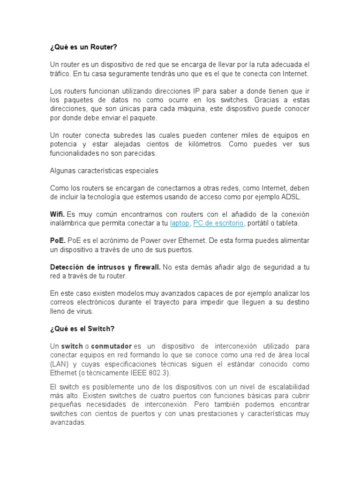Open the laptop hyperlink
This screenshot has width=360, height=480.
(180, 223)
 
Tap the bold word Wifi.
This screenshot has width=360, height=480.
(57, 214)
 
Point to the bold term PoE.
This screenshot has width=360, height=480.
(57, 240)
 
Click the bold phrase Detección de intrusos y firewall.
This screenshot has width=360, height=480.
(105, 267)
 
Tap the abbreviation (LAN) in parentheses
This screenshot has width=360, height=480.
(59, 364)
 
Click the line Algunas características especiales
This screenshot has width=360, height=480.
(104, 171)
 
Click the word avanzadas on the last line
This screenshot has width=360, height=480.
(67, 422)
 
